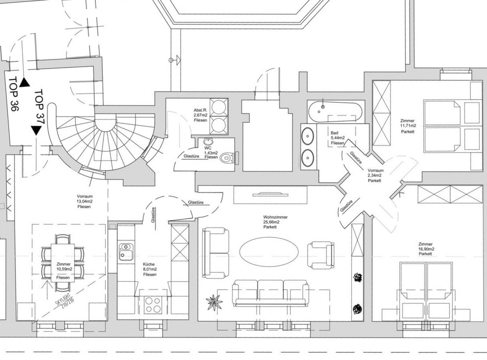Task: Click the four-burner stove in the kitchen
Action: [x=152, y=304]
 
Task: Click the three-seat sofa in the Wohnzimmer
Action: [x=271, y=292]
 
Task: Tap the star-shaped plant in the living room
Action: [x=214, y=301]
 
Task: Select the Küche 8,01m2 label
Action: [x=150, y=269]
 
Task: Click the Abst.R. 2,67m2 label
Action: [x=200, y=115]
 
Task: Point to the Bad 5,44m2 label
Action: [x=337, y=138]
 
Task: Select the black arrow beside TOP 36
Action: [x=25, y=82]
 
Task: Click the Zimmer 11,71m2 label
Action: [x=408, y=126]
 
